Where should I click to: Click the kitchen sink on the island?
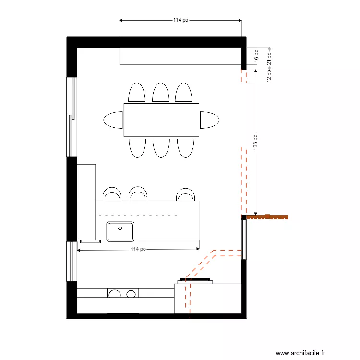click(120, 231)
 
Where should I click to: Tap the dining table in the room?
click(161, 120)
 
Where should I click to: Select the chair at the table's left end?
click(114, 120)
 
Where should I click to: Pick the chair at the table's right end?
click(209, 120)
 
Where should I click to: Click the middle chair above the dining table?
click(161, 92)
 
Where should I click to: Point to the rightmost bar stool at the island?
click(185, 194)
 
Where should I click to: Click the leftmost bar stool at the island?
click(112, 194)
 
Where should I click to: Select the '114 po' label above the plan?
click(181, 20)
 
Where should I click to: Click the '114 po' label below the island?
click(138, 249)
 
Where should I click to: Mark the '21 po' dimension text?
click(270, 58)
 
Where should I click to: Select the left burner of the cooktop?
click(115, 294)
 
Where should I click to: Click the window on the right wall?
click(244, 239)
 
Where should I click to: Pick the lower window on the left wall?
click(72, 262)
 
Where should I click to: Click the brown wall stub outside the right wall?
click(268, 217)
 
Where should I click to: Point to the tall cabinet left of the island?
click(86, 202)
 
